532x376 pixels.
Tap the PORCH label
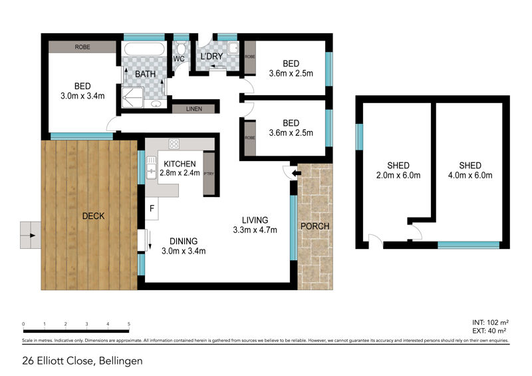point(315,226)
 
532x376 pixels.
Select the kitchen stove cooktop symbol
point(174,144)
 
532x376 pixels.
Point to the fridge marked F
point(151,208)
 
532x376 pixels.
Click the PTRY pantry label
point(209,173)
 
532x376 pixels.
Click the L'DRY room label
point(211,58)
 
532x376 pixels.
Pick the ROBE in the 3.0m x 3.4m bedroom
point(83,47)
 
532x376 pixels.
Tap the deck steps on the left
point(29,234)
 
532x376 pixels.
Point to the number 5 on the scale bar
point(128,323)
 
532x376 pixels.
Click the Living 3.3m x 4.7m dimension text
point(255,230)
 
